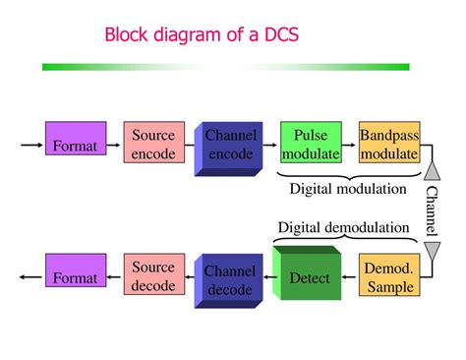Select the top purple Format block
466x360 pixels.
point(76,146)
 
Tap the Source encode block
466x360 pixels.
point(153,145)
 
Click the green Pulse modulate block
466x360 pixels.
point(310,144)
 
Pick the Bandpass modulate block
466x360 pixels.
point(389,144)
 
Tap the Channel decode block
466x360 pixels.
point(230,278)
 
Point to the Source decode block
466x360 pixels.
point(153,276)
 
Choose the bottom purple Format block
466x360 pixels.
point(76,277)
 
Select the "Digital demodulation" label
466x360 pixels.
point(343,228)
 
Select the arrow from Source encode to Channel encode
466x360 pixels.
point(191,146)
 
